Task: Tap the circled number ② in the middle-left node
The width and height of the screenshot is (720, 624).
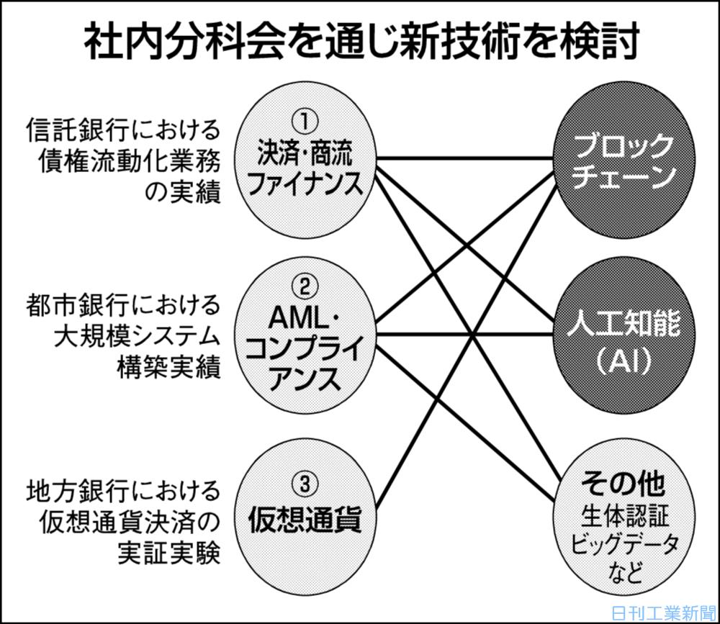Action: tap(305, 287)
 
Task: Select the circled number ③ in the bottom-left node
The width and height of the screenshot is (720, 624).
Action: tap(305, 484)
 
